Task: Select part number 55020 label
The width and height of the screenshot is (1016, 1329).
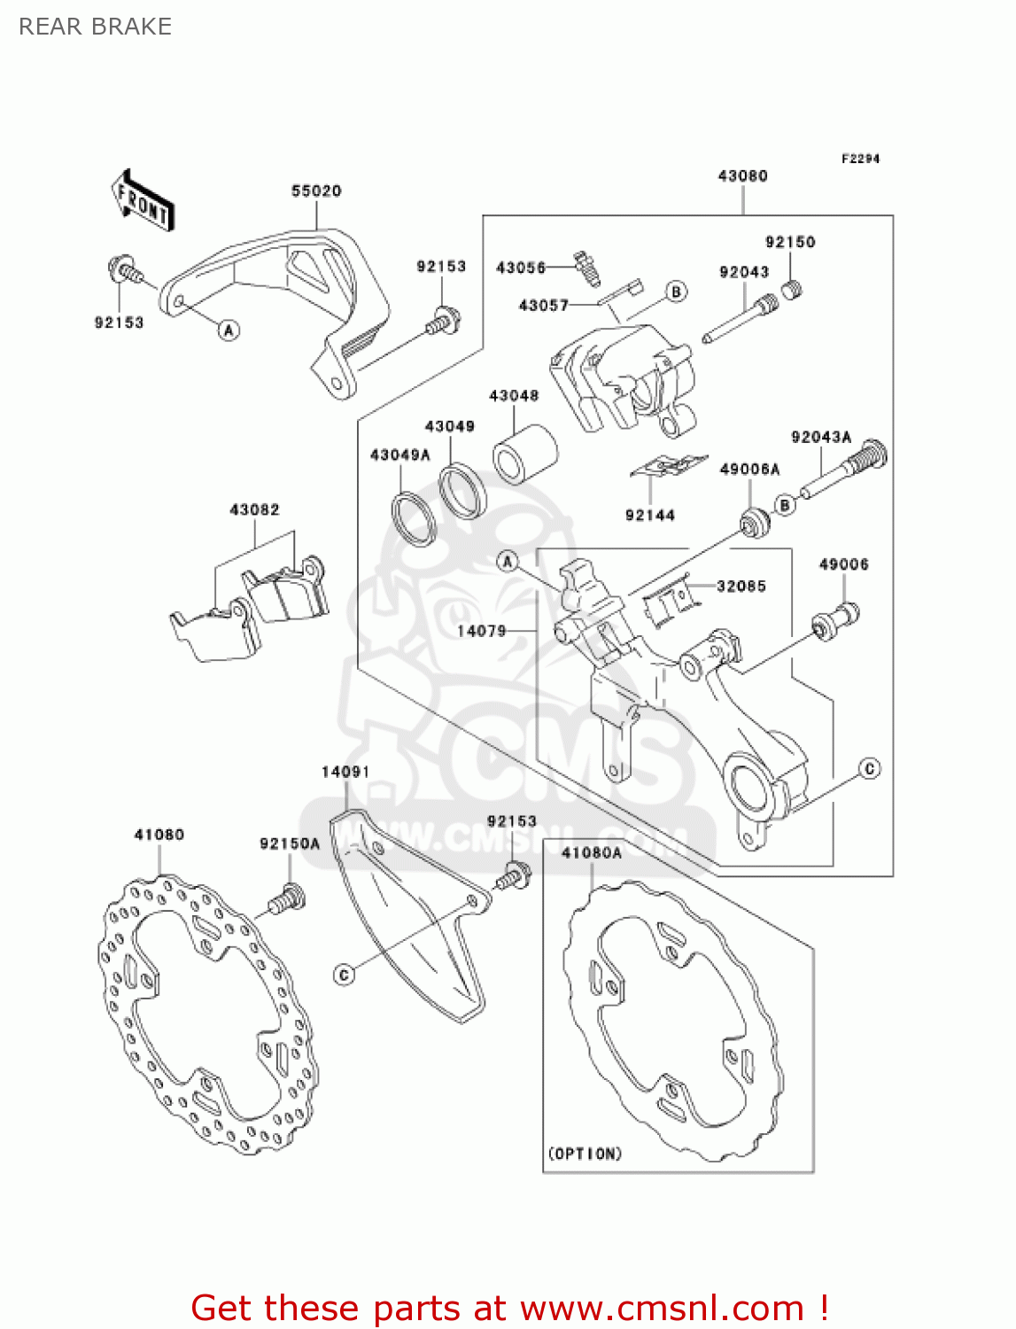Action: click(316, 190)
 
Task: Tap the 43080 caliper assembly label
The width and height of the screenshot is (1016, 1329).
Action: click(742, 176)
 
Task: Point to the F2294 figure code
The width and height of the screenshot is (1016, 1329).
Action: click(860, 159)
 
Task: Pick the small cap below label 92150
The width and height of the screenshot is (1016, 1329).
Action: click(793, 289)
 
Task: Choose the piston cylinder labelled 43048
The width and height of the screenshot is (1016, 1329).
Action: click(524, 455)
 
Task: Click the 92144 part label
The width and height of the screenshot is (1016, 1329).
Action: click(650, 516)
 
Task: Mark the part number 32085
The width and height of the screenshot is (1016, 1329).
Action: click(741, 586)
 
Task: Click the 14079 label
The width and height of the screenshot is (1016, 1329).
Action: click(481, 631)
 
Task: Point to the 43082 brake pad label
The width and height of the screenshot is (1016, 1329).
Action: click(254, 509)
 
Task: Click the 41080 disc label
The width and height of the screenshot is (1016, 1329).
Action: click(159, 835)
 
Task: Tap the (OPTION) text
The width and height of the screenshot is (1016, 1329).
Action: click(585, 1154)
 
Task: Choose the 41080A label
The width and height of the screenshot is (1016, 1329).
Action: click(592, 853)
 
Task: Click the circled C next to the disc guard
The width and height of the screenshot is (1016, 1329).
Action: click(345, 975)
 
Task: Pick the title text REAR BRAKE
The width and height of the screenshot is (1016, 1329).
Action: click(95, 27)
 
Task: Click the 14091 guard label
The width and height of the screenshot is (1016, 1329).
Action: click(345, 772)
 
